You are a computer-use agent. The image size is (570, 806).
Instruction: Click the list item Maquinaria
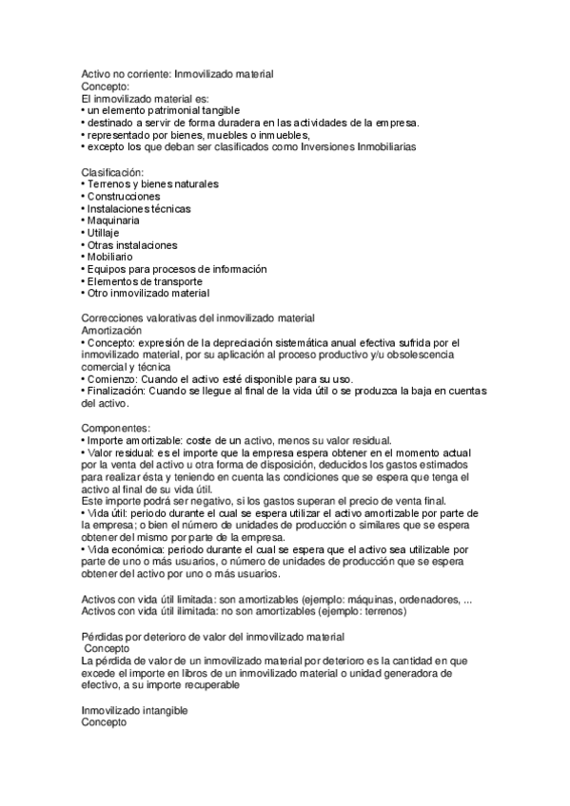(113, 221)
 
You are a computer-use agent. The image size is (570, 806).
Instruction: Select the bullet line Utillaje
(107, 233)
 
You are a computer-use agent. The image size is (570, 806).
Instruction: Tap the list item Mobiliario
(110, 257)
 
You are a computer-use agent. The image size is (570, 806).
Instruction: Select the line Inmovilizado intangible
(134, 710)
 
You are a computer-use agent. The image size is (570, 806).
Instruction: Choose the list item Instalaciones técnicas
(139, 208)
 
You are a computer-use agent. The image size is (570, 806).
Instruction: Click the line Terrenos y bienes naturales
(152, 183)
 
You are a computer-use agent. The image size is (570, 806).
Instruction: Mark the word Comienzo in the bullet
(111, 378)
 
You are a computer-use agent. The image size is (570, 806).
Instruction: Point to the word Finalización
(116, 391)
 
